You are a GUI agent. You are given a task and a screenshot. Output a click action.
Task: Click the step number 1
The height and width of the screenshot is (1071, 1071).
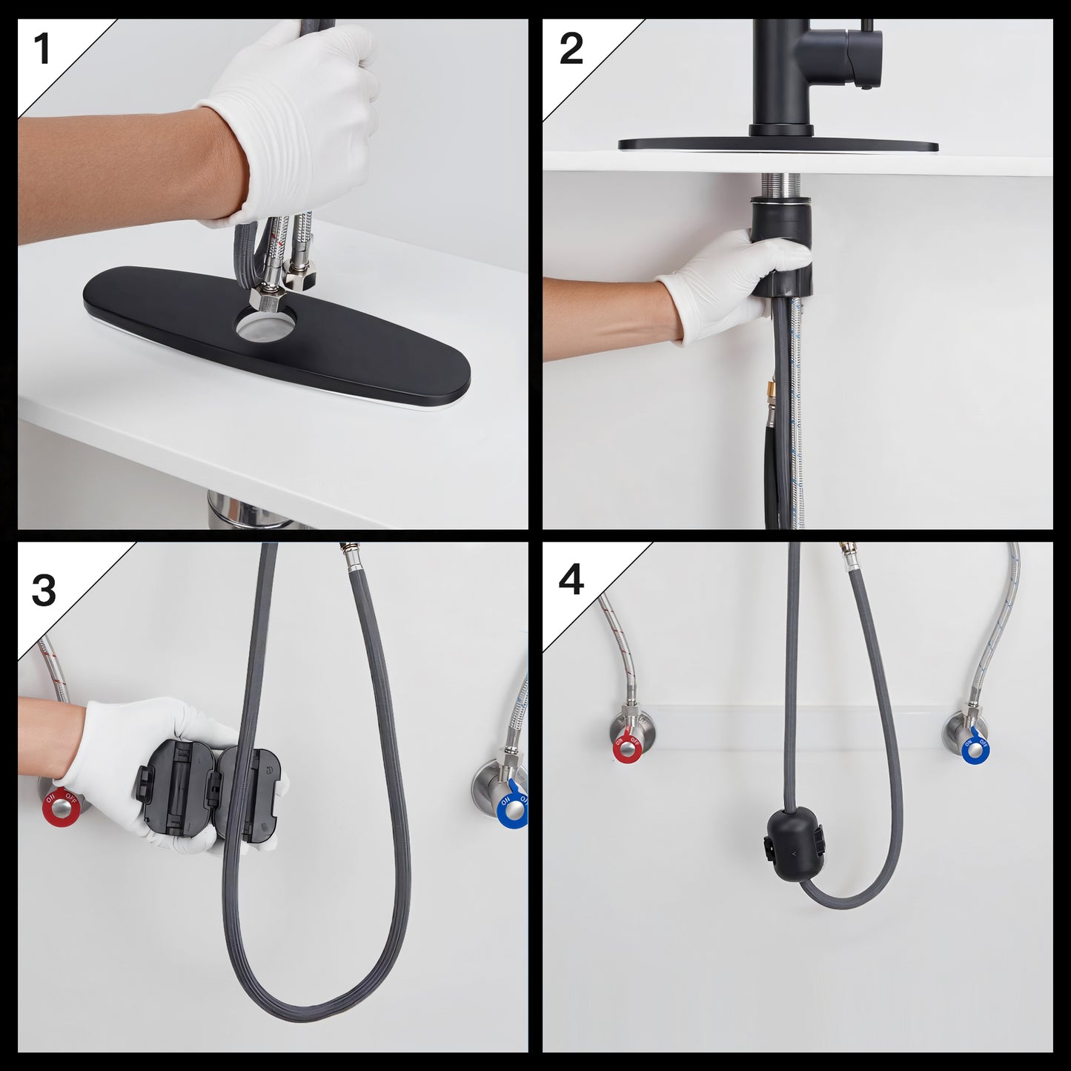click(42, 50)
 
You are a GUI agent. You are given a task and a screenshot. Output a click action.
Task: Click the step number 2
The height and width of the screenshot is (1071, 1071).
click(571, 50)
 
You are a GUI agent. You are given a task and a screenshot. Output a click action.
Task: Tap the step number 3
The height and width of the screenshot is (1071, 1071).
click(44, 591)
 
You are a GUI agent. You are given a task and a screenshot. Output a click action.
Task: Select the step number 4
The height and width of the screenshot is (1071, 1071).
click(571, 580)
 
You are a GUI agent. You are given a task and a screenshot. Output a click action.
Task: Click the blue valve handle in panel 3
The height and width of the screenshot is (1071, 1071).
click(511, 808)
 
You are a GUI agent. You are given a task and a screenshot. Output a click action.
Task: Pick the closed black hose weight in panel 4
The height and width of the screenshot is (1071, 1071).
click(794, 845)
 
